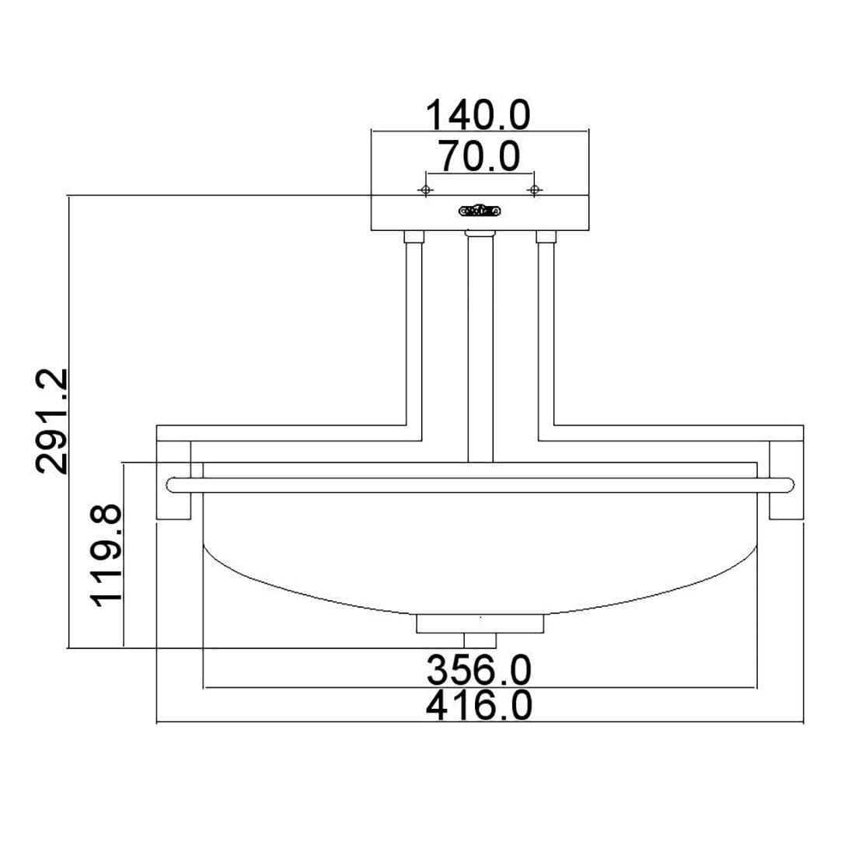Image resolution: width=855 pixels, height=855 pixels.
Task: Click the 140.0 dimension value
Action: click(x=478, y=115)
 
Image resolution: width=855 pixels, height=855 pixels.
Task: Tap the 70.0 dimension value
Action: click(x=480, y=156)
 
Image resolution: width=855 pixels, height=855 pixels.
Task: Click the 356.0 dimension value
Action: click(x=479, y=670)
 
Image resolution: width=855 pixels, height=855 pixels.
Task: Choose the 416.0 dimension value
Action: click(x=479, y=706)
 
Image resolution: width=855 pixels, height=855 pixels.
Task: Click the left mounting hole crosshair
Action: click(x=426, y=190)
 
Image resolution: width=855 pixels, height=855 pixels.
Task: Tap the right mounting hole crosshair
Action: click(x=535, y=190)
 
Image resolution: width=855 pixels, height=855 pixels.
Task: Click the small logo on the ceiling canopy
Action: click(x=480, y=211)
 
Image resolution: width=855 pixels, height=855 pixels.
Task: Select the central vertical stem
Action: click(x=480, y=349)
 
